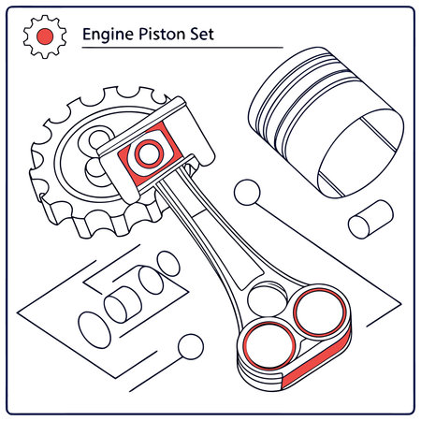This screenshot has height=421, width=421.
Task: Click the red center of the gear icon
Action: point(42,36)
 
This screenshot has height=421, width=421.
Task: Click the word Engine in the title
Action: point(107,35)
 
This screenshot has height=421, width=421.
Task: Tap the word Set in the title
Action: point(202,35)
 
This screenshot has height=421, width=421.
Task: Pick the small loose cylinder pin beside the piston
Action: point(366,220)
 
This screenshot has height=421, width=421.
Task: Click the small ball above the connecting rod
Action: point(248,193)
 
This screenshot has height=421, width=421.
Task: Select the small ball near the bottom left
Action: point(190,345)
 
